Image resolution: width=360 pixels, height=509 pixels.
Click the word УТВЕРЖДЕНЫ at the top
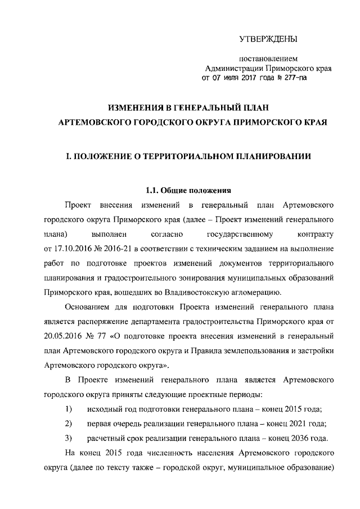pos(269,39)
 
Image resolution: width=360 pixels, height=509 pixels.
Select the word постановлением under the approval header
pos(268,58)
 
